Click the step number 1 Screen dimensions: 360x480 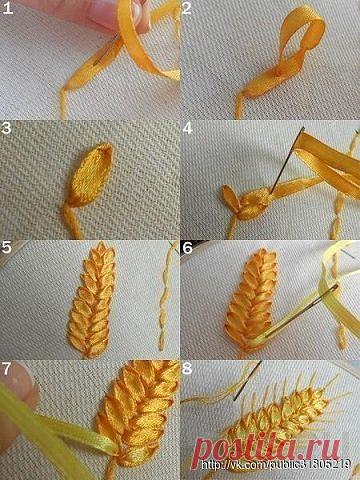7,7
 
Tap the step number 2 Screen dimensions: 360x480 187,8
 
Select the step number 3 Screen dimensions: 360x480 6,128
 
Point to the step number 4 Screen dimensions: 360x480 187,128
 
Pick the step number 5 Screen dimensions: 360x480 6,247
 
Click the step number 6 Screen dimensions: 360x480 187,248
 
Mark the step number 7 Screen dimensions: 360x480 7,369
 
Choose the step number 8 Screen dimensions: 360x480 187,369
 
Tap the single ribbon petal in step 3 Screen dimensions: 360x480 91,175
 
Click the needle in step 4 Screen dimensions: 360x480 287,160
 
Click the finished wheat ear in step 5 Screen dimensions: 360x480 93,300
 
